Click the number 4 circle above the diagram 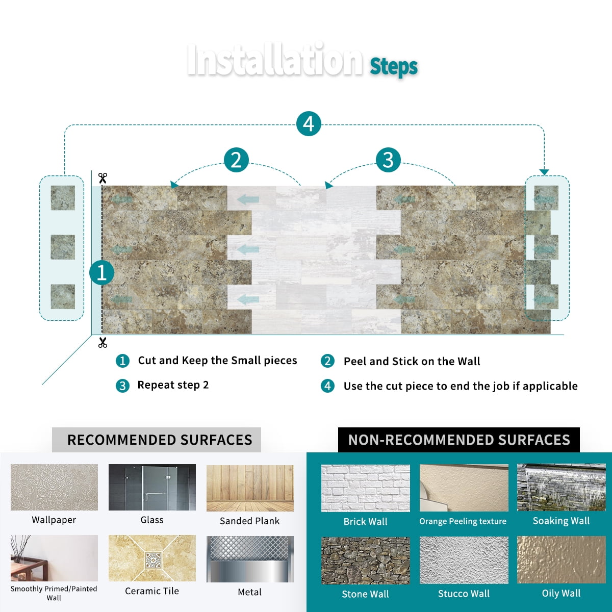[309, 123]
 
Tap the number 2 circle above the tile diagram [236, 160]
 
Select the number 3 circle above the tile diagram [388, 160]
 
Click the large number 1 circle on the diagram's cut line [101, 273]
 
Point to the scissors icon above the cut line [103, 178]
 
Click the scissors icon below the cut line [103, 343]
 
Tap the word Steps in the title [394, 67]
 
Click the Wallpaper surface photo [54, 487]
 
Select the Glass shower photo [152, 487]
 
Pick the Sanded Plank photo [250, 488]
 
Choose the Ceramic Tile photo [152, 558]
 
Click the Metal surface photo [250, 559]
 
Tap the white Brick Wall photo [366, 488]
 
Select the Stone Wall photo [366, 560]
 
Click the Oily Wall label [561, 593]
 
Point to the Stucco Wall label [464, 594]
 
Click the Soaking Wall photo [561, 488]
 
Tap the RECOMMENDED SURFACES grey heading [157, 440]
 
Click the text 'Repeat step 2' [173, 385]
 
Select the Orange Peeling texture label [463, 521]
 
